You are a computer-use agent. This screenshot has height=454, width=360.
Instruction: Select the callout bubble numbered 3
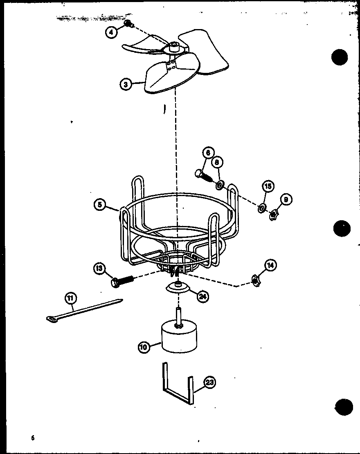[126, 84]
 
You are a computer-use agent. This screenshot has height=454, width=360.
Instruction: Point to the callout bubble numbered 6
[207, 153]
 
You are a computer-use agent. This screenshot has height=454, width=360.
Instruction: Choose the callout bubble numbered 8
[217, 163]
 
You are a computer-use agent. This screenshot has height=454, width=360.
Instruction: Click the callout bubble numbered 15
[268, 187]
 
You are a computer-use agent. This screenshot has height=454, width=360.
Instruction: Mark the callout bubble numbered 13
[99, 269]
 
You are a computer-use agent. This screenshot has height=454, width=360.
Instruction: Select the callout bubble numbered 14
[270, 265]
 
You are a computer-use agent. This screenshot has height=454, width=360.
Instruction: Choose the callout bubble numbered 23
[209, 383]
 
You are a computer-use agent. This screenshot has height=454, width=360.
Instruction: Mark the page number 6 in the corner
[32, 438]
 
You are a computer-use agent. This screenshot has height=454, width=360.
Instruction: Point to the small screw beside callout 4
[128, 24]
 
